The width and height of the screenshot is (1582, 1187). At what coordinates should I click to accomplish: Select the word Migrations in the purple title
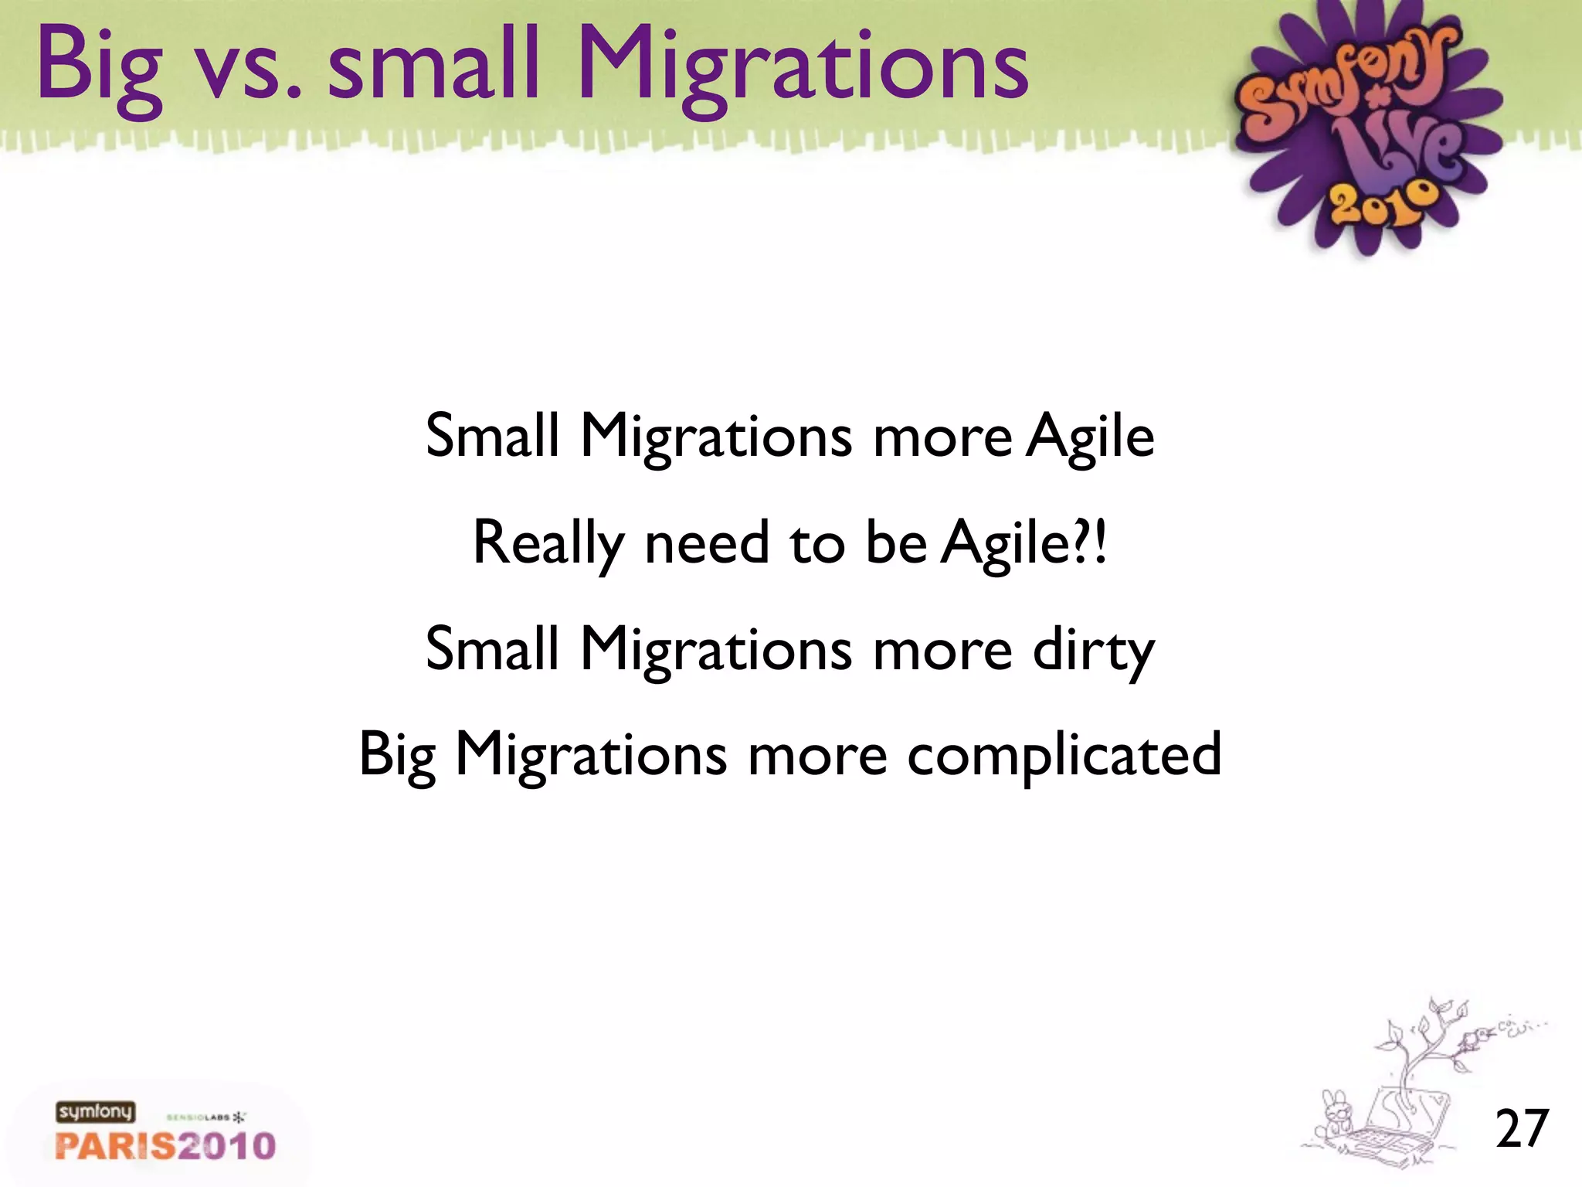click(x=803, y=70)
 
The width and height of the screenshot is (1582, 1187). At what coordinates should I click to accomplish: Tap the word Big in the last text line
click(x=397, y=756)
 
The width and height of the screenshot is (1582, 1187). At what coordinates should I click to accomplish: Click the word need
click(x=707, y=542)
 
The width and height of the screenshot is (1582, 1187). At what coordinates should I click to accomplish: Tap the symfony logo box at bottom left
click(x=95, y=1112)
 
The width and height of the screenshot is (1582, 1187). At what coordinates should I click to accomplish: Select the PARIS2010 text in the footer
click(x=165, y=1145)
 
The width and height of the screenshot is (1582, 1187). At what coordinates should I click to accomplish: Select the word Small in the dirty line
click(x=492, y=650)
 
